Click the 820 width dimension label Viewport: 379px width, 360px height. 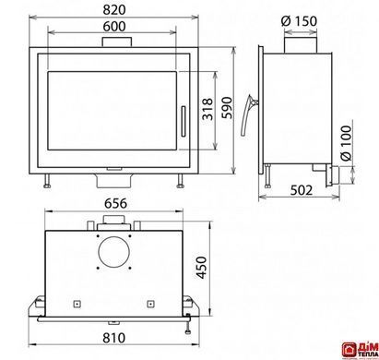point(114,10)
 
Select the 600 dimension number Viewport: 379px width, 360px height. point(114,27)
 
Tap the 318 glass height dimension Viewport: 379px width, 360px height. point(207,109)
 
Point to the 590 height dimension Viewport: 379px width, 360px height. point(228,108)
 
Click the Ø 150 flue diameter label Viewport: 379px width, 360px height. point(299,21)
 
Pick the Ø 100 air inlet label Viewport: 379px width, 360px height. point(346,143)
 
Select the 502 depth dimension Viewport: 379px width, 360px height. point(302,190)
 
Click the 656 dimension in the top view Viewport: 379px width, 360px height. point(115,203)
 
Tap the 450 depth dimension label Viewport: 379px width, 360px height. point(202,268)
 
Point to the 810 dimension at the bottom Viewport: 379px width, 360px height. point(114,338)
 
